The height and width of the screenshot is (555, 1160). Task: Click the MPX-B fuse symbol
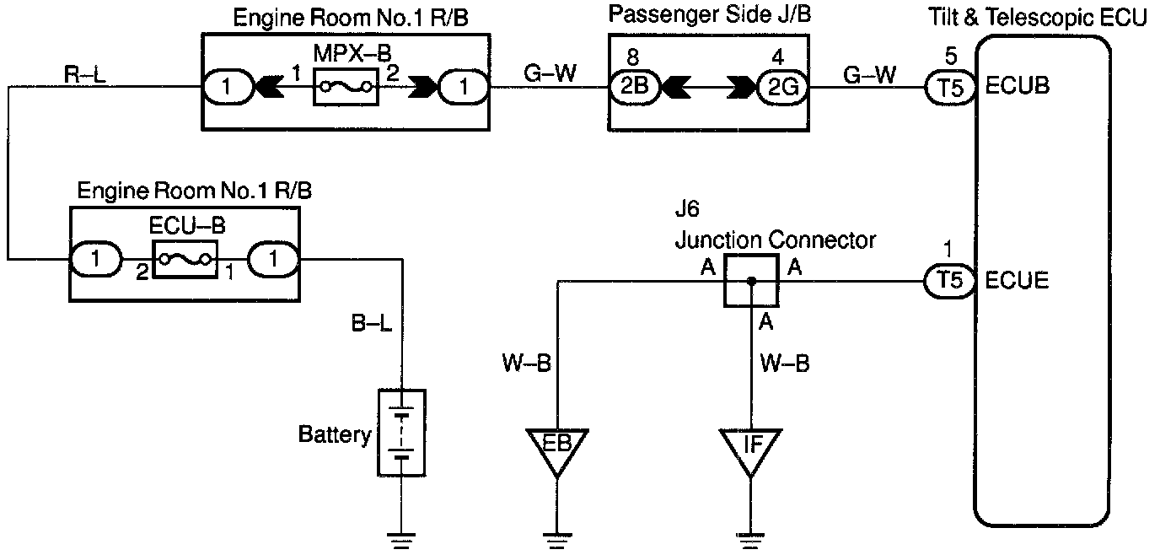346,87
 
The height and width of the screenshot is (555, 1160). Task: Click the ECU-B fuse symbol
185,259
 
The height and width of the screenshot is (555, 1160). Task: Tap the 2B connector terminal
634,87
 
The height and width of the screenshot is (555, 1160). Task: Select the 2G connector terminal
782,88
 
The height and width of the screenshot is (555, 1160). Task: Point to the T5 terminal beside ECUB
950,88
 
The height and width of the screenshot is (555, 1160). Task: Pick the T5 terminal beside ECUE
950,281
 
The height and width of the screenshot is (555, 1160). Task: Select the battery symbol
402,433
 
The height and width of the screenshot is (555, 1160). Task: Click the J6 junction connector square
751,281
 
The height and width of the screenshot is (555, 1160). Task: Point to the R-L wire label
85,74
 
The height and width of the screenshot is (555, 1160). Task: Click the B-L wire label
371,323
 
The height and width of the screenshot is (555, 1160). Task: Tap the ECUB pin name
1017,86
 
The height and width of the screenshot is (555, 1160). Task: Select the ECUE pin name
1017,280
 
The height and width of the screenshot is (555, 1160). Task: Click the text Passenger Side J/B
710,14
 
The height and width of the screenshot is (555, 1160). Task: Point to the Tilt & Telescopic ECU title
1037,17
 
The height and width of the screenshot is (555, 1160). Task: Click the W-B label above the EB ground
527,363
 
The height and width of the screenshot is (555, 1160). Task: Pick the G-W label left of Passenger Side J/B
550,73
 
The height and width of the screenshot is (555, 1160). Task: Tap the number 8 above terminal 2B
632,57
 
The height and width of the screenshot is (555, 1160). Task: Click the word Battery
335,434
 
